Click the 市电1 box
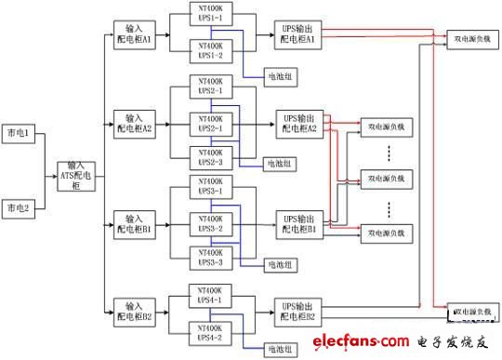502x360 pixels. pos(20,136)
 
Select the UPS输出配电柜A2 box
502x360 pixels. pos(298,123)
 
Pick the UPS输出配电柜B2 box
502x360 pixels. pos(298,311)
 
